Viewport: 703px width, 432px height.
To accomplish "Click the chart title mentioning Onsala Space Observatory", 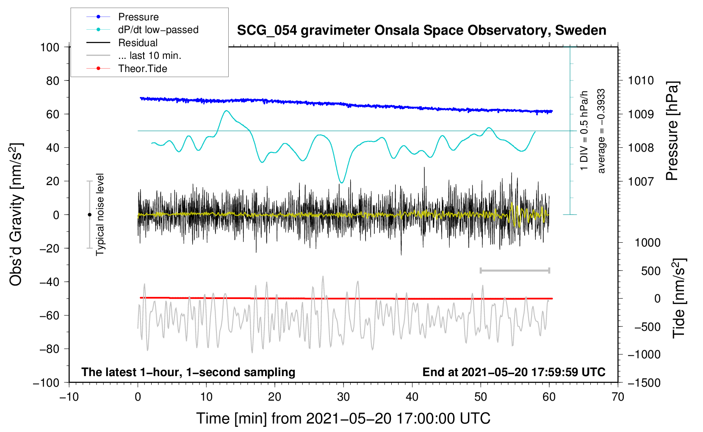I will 421,30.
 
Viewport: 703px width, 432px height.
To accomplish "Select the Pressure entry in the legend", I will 138,17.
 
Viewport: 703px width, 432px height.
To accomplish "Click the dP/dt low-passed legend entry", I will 158,30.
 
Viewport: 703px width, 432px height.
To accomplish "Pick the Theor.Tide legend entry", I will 142,69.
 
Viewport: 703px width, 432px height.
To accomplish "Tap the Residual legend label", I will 138,43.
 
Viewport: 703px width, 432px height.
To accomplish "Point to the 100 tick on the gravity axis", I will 50,47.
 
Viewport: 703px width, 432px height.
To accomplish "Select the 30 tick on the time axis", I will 343,397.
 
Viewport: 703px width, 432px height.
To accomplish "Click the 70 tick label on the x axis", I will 618,397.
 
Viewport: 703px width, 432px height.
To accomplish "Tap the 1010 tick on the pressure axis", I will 641,80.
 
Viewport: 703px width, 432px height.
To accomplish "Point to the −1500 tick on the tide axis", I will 644,382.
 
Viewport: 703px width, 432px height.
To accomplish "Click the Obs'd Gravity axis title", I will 16,214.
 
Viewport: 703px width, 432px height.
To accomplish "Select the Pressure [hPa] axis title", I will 672,131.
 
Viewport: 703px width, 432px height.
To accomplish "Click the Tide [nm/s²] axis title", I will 679,298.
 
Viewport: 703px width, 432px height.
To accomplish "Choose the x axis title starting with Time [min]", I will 343,418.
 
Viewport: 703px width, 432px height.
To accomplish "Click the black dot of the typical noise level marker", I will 89,215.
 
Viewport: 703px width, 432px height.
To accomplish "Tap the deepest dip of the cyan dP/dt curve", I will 342,183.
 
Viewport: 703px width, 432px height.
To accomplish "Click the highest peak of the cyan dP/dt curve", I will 227,111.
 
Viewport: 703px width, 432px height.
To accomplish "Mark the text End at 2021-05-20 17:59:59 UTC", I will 514,372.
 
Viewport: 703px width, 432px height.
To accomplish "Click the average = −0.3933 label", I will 601,131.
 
